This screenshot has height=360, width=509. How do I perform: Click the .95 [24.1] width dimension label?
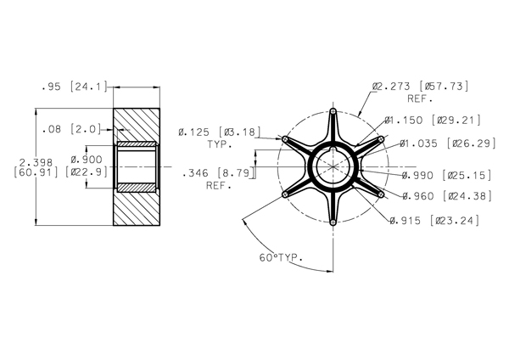[x=75, y=87]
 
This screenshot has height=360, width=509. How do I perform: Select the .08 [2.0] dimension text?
[x=72, y=129]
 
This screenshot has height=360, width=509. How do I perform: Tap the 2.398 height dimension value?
[x=36, y=162]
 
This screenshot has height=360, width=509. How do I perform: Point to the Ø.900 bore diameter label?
[x=87, y=160]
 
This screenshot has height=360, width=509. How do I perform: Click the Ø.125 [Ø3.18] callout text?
[x=220, y=132]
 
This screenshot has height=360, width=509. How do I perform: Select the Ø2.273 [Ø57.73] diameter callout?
[x=421, y=87]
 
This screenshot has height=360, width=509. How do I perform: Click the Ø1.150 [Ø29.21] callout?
[x=433, y=121]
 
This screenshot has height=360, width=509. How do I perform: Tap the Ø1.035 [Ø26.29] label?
[x=448, y=143]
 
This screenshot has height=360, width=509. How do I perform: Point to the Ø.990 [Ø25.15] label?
[x=447, y=176]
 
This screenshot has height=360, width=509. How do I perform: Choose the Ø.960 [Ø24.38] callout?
[x=447, y=196]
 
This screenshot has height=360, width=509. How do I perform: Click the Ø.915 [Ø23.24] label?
[x=434, y=221]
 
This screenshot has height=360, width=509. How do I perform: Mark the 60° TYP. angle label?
[x=281, y=257]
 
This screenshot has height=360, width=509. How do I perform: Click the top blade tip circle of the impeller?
[x=333, y=111]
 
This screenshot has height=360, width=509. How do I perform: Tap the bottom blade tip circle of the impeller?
[x=333, y=222]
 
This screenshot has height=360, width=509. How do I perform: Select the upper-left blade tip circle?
[x=285, y=139]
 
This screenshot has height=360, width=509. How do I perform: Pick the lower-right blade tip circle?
[x=381, y=194]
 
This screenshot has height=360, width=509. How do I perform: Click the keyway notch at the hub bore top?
[x=333, y=149]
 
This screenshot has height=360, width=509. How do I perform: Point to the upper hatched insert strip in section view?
[x=137, y=143]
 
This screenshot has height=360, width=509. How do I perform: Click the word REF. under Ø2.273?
[x=420, y=98]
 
